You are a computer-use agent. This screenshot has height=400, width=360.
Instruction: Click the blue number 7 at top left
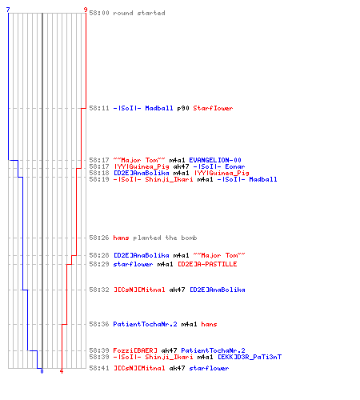8,10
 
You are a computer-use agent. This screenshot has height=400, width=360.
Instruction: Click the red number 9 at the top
86,10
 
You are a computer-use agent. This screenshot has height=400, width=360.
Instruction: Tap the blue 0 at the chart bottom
42,371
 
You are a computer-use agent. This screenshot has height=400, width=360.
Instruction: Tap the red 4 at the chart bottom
62,371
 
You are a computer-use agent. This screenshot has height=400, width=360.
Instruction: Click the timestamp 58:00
99,13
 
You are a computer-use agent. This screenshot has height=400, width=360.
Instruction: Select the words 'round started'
139,13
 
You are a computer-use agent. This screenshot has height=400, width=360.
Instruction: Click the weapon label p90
183,108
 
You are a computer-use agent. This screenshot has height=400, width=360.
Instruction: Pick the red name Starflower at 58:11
213,108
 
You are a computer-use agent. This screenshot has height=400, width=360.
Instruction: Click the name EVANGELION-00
215,160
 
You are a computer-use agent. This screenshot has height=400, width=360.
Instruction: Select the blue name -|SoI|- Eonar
219,166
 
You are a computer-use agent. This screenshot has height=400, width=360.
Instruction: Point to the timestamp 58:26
99,238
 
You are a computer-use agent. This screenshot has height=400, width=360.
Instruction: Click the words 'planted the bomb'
165,238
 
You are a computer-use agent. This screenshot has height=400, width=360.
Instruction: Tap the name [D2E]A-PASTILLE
207,264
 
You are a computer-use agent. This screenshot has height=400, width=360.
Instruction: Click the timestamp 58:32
99,290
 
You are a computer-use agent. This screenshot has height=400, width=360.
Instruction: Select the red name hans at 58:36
209,324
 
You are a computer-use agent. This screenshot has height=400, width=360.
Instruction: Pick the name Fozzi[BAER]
135,350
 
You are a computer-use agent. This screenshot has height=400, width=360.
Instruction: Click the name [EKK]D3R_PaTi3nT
250,357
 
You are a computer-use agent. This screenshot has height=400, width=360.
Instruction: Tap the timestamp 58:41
99,368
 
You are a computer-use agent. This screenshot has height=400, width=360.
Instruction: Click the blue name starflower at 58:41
209,368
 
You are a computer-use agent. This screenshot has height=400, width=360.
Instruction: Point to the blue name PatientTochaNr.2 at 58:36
145,324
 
